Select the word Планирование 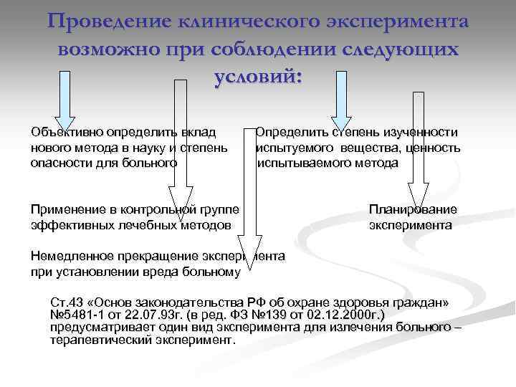413,209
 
